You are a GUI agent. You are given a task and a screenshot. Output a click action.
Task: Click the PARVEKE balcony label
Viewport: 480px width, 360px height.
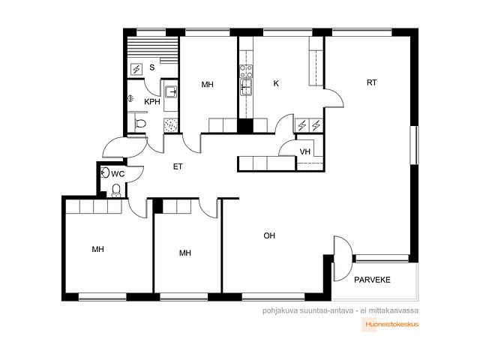[372, 280]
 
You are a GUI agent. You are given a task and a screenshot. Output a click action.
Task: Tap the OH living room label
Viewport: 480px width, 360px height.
[269, 235]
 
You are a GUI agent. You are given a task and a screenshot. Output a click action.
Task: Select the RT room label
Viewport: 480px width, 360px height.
[372, 82]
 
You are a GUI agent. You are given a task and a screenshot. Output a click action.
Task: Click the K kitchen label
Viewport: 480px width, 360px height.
[276, 83]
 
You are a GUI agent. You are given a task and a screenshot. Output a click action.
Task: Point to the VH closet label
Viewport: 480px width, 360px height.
[305, 151]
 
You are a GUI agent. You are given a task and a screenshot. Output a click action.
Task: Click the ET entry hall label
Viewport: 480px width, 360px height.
[178, 166]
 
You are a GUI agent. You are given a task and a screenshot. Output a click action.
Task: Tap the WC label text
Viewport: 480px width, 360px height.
[118, 174]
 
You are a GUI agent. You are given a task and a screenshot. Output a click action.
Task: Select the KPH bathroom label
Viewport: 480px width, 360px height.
[152, 102]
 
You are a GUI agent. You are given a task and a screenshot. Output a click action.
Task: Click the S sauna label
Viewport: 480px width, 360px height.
[151, 67]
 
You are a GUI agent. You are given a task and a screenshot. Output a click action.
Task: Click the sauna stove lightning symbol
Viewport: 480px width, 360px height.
[136, 69]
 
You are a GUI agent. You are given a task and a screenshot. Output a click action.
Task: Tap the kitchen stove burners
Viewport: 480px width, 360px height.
[246, 71]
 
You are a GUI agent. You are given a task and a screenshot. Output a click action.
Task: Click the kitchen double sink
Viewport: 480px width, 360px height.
[246, 87]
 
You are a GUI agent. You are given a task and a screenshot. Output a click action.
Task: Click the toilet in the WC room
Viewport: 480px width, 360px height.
[116, 190]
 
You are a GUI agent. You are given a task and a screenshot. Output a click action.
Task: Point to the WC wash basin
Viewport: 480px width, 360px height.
[105, 172]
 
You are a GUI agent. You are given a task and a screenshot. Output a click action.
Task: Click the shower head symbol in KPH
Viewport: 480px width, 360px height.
[130, 98]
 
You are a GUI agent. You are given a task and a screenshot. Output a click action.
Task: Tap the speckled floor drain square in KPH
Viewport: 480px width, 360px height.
[170, 125]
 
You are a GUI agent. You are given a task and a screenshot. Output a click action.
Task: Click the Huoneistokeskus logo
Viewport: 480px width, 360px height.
[390, 325]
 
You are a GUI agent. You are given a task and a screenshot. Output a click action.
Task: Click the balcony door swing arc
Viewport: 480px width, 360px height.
[344, 258]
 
